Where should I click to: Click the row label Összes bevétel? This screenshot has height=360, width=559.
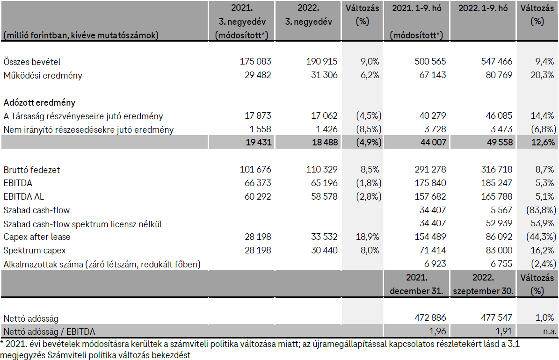[x=32, y=62]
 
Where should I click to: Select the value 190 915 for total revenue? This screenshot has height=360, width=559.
[x=321, y=62]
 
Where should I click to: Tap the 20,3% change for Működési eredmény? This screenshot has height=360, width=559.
[x=542, y=75]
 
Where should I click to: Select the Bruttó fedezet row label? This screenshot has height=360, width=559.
[x=32, y=170]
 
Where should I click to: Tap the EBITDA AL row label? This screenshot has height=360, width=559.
[x=24, y=197]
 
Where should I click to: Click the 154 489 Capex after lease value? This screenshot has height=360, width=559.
[x=430, y=237]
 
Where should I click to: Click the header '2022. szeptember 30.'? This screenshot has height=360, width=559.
[x=484, y=284]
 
